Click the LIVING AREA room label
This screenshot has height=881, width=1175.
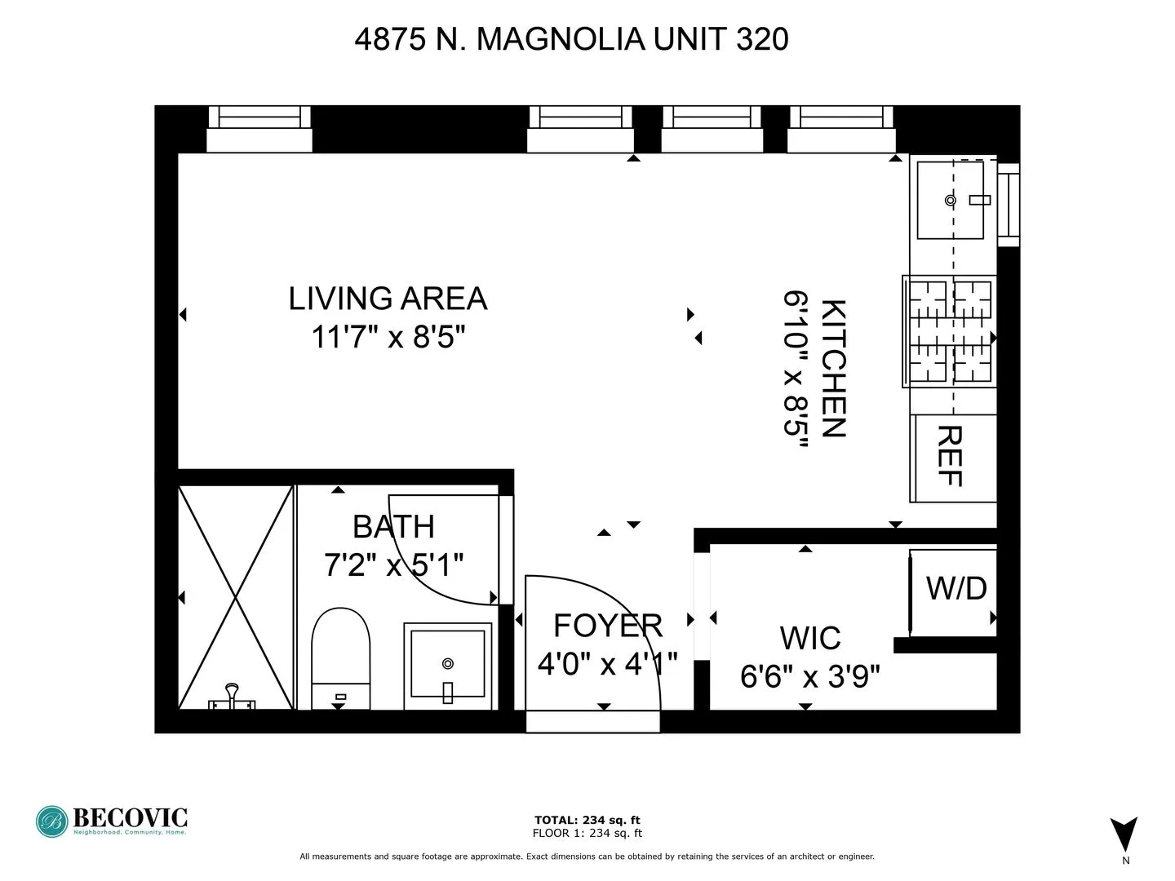[x=388, y=299]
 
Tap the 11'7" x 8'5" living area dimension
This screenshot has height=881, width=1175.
[x=388, y=336]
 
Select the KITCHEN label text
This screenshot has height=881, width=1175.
[x=833, y=368]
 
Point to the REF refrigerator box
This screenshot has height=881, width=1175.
[x=951, y=457]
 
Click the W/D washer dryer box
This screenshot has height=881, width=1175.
[x=955, y=589]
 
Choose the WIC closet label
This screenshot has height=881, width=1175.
[x=809, y=638]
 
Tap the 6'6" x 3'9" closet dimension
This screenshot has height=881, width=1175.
[x=809, y=676]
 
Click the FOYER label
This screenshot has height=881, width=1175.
[x=608, y=626]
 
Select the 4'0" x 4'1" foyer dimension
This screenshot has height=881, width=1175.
[x=607, y=664]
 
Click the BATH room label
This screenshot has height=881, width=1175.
[x=393, y=527]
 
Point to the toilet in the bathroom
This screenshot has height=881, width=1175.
[x=341, y=657]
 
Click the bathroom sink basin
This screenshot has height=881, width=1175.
[x=447, y=663]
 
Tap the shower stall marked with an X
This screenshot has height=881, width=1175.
[x=236, y=597]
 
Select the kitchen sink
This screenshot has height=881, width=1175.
[x=951, y=200]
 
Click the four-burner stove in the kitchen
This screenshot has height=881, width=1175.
[x=951, y=331]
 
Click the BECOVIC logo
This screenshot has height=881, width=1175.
[x=112, y=821]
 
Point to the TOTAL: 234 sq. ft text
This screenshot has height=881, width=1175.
[x=587, y=820]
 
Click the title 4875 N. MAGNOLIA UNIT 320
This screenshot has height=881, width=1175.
[x=571, y=39]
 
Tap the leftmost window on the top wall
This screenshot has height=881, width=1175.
[x=259, y=129]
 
